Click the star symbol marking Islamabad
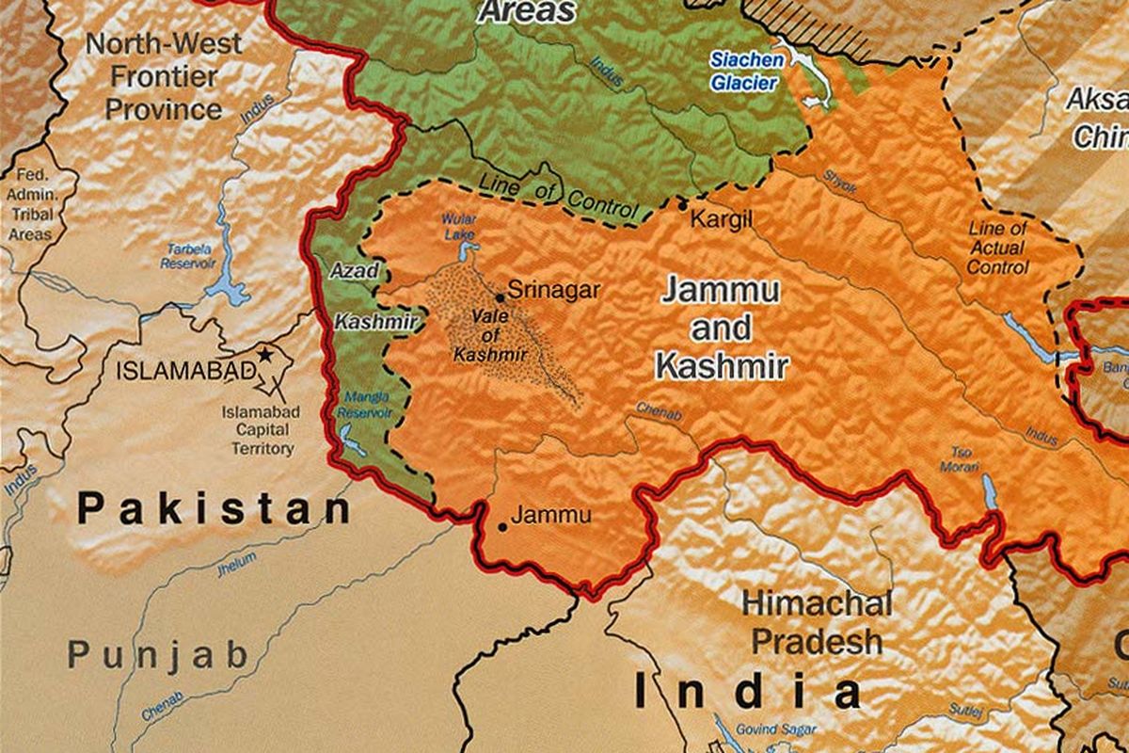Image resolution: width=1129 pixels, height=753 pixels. click(266, 356)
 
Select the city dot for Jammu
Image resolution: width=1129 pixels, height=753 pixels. click(501, 526)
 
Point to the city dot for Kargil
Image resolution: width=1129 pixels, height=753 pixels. click(683, 203)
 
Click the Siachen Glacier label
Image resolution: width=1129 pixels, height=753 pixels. click(744, 72)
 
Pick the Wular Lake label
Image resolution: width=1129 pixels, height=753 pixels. click(459, 225)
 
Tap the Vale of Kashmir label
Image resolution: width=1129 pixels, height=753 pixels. click(489, 335)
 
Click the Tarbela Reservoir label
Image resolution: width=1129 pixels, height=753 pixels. click(188, 256)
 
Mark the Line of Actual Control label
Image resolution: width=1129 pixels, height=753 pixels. click(998, 248)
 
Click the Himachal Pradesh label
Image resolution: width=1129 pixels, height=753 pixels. click(817, 622)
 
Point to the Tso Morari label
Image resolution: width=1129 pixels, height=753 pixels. click(961, 459)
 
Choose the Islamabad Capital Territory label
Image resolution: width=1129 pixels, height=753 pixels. click(262, 430)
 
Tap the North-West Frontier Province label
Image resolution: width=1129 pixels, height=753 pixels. click(164, 76)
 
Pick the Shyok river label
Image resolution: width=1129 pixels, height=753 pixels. click(840, 181)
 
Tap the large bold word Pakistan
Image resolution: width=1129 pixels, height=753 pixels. click(215, 509)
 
